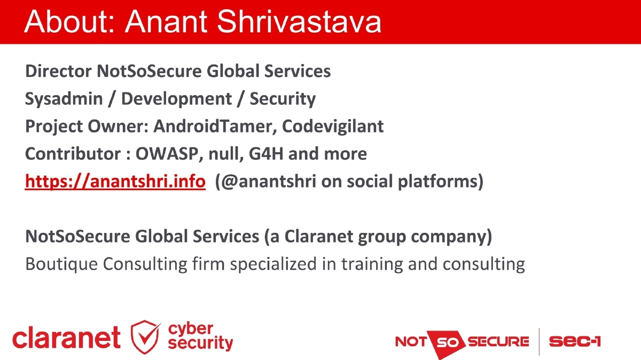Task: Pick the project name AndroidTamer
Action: point(215,127)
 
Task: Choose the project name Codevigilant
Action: point(333,127)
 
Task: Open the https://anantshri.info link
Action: point(115,182)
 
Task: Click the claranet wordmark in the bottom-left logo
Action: point(66,338)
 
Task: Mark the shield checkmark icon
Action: point(145,337)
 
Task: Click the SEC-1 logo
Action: point(574,341)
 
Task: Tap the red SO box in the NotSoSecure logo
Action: point(445,341)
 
